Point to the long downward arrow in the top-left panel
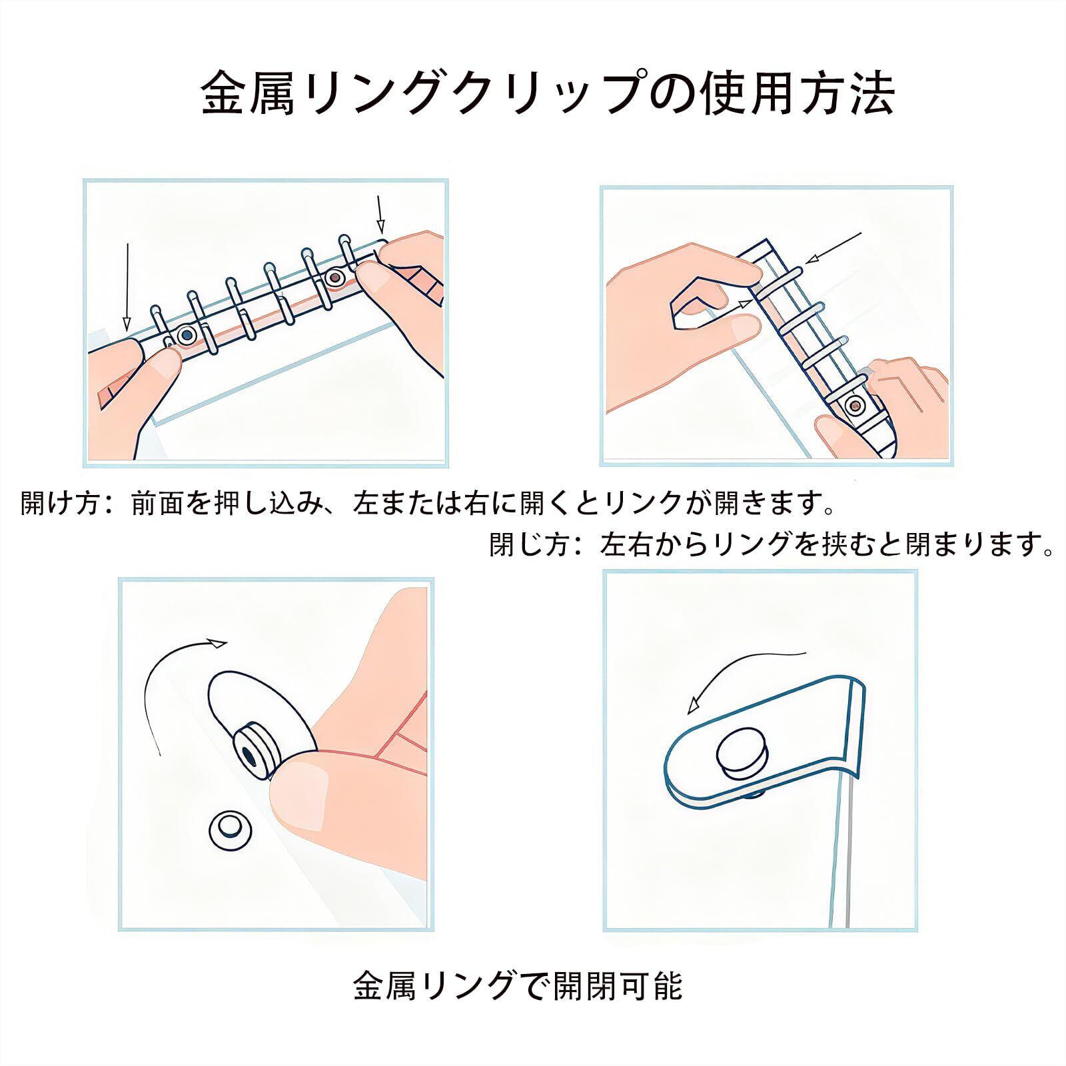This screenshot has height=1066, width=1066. click(127, 286)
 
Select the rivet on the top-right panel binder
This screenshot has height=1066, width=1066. click(854, 404)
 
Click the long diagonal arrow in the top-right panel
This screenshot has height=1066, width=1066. click(833, 247)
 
